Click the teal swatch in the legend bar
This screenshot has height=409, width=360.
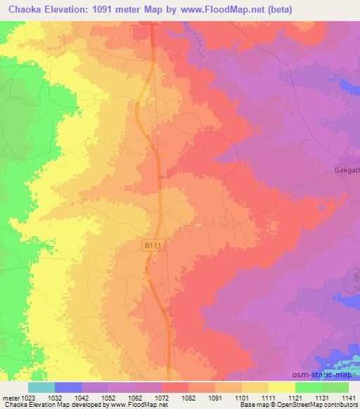click(41, 387)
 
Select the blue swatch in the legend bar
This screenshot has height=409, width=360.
click(68, 387)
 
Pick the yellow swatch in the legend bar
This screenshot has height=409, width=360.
click(282, 387)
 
